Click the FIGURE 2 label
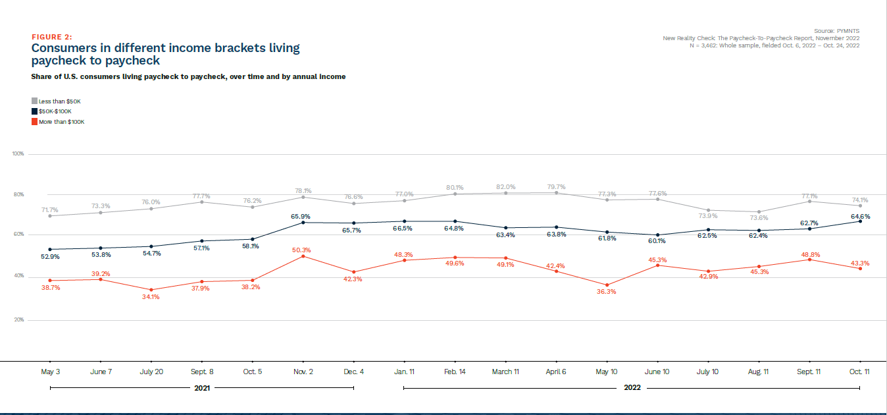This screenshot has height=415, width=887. point(52,37)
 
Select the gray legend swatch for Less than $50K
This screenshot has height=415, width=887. point(34,101)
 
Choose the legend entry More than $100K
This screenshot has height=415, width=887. point(61,122)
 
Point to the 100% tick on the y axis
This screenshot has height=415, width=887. point(18,153)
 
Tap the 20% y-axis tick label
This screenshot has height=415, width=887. point(18,320)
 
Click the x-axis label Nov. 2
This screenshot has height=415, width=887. point(303,372)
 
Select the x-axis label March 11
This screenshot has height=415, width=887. point(505,372)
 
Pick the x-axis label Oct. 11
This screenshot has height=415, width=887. point(859,372)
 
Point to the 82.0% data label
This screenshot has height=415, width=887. point(505,187)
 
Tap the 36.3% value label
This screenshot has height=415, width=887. point(606,292)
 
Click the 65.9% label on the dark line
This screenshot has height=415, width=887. point(300,216)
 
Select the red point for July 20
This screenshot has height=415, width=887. point(151,290)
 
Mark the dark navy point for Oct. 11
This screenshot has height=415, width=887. point(860,221)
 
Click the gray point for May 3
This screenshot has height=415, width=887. point(50,216)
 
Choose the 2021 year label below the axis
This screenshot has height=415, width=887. point(202,388)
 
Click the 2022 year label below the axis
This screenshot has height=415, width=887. point(632,388)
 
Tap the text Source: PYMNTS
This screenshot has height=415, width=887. point(836,31)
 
